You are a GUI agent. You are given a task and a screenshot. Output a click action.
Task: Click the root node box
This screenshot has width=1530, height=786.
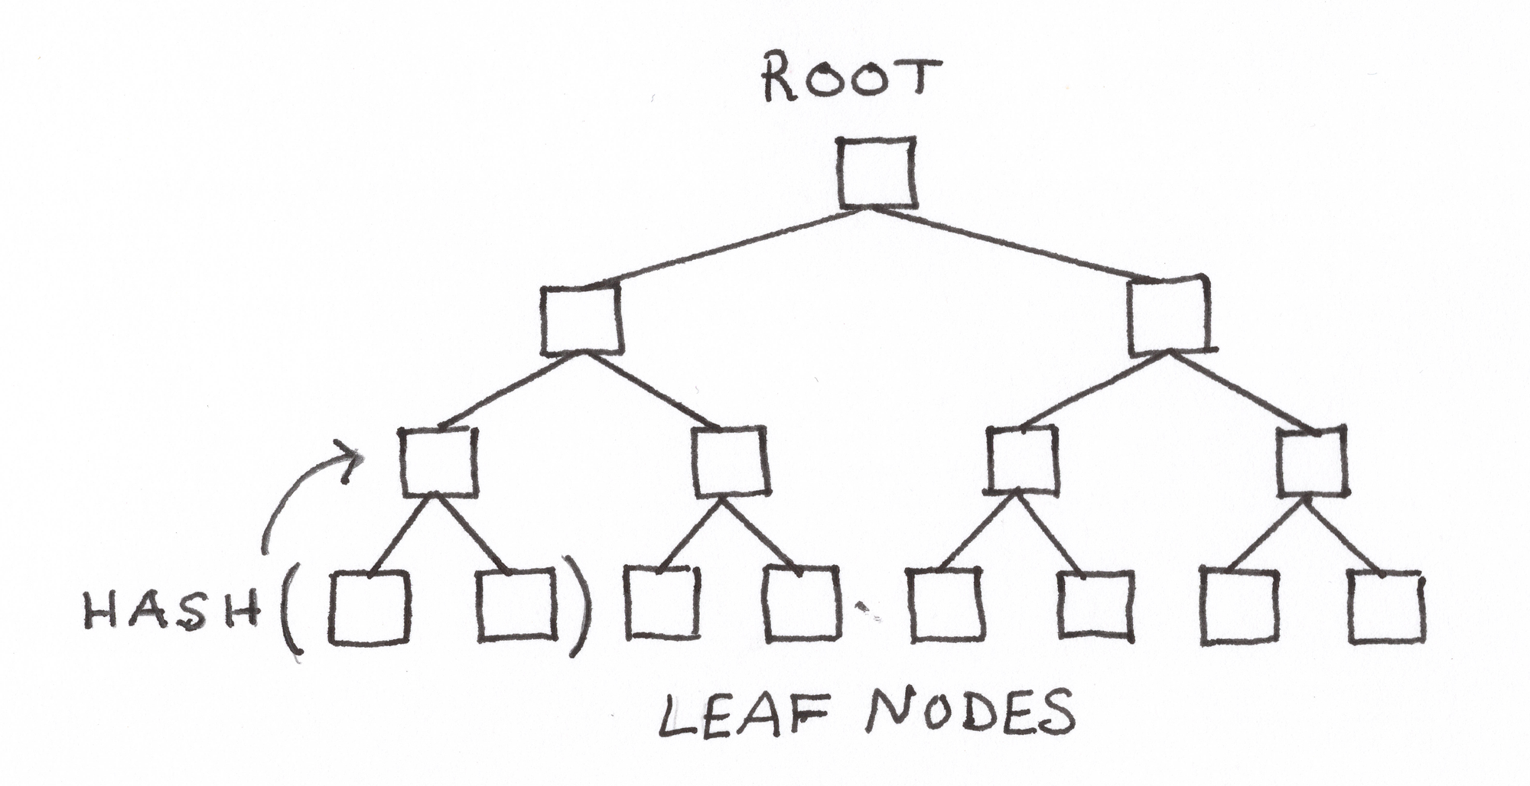pos(877,173)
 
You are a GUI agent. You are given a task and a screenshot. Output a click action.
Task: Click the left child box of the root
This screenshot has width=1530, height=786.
pos(581,320)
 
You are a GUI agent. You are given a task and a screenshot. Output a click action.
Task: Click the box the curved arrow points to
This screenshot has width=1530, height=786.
pos(438,462)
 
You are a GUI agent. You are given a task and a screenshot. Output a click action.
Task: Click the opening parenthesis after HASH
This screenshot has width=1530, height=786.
pos(291,612)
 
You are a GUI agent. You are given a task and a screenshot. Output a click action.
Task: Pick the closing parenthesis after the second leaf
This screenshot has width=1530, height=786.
pos(578,608)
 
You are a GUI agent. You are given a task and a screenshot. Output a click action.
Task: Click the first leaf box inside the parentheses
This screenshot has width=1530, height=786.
pos(369,607)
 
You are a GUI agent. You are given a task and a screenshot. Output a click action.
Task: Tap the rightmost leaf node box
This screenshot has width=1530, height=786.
pos(1386,606)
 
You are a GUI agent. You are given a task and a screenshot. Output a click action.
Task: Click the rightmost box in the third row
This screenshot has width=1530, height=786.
pos(1311,462)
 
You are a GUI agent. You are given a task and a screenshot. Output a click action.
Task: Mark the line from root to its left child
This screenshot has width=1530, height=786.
pos(727,248)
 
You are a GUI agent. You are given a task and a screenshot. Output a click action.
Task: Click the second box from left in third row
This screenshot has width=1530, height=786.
pos(730,461)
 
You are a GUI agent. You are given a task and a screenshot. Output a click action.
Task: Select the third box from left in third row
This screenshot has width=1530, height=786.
pos(1024,460)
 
